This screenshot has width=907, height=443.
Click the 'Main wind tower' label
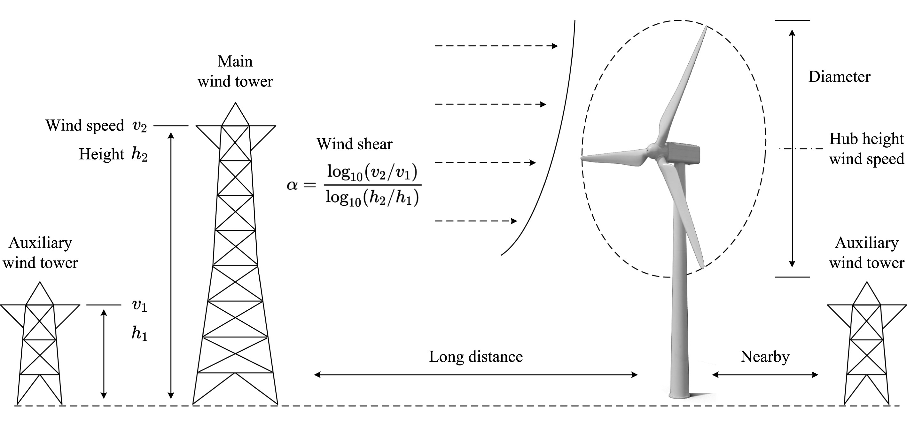235,72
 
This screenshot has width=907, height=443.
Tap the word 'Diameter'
839,77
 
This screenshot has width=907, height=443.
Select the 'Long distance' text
476,357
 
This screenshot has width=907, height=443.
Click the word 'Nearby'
765,357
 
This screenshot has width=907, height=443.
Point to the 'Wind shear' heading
354,144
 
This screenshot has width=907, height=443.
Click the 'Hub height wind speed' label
866,149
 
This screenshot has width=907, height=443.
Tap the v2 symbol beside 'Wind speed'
139,126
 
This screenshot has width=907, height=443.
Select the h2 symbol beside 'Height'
139,154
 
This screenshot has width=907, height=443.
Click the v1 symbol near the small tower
139,305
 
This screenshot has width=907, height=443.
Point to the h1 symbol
139,333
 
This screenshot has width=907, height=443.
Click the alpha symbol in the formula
292,185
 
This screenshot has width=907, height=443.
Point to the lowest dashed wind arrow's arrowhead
514,221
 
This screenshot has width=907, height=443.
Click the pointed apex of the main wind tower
235,103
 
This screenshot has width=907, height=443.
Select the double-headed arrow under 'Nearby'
765,375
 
